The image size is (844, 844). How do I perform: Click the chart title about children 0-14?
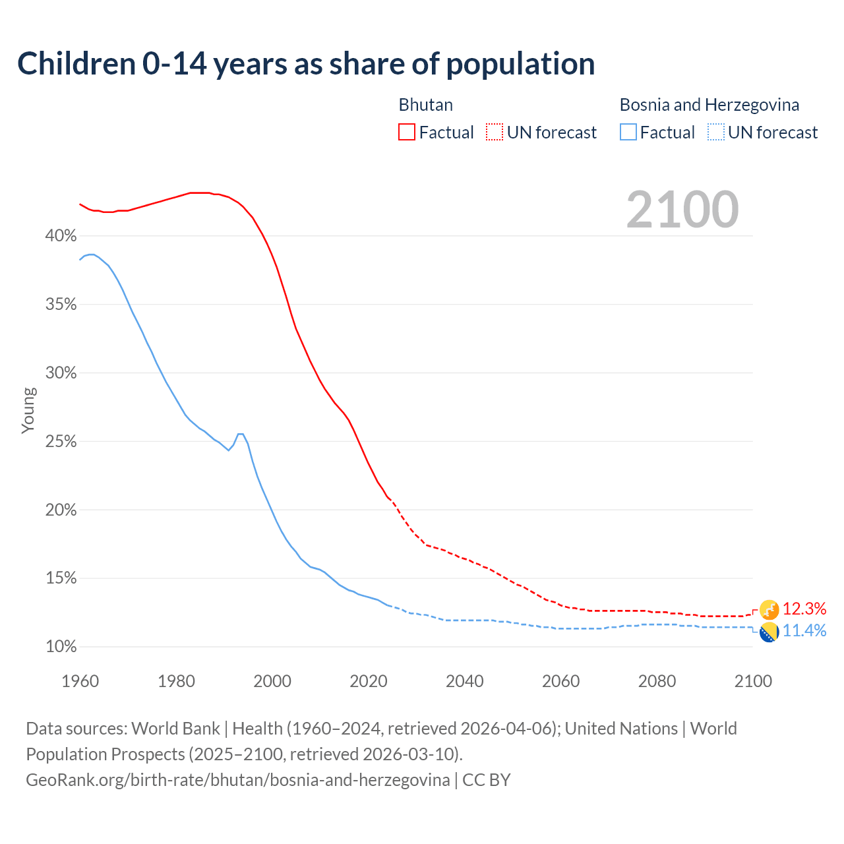[306, 64]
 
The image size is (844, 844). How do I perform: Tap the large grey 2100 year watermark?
[682, 210]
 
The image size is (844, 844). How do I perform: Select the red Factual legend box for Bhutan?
[407, 133]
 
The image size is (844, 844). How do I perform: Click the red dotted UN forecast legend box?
[495, 133]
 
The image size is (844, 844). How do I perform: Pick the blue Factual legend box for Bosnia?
[628, 133]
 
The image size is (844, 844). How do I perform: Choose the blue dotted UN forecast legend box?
[716, 133]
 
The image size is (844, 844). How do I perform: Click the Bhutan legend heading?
[426, 105]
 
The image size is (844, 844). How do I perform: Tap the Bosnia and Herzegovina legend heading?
[709, 105]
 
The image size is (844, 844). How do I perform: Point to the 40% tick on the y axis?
[61, 236]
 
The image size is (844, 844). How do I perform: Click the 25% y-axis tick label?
[61, 442]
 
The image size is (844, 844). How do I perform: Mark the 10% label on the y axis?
[61, 647]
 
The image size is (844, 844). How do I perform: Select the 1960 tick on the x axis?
[80, 681]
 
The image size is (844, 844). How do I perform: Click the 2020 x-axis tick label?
[369, 681]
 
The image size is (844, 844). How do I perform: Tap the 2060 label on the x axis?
[560, 681]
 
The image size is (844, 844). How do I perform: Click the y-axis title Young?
[28, 410]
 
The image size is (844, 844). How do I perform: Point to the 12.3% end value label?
[804, 609]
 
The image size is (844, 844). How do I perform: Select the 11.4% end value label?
[804, 631]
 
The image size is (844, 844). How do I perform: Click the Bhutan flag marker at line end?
[769, 610]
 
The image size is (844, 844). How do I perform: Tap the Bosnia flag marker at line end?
[769, 632]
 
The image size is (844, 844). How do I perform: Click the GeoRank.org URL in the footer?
[238, 780]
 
